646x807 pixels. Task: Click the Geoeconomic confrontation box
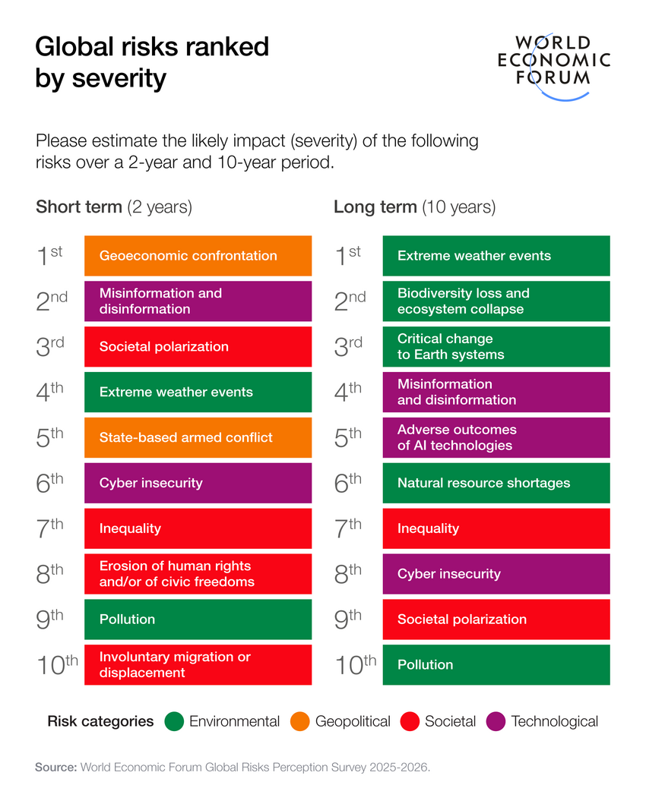coord(198,256)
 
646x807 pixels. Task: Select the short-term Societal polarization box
coord(198,347)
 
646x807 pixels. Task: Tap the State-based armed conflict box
coord(198,438)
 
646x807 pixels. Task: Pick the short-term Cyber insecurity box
coord(198,483)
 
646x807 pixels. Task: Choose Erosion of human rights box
coord(198,574)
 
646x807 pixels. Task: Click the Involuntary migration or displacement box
coord(198,665)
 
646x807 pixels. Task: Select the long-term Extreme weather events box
coord(496,256)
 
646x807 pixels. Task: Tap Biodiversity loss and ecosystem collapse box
coord(496,301)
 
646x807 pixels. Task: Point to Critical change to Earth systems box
coord(496,347)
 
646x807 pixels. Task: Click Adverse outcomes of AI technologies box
coord(496,438)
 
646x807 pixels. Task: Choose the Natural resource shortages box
coord(496,483)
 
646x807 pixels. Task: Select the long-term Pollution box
coord(496,665)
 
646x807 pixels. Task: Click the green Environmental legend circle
coord(174,722)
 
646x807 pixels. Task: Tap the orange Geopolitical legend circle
coord(300,722)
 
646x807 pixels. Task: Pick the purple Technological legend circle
coord(496,722)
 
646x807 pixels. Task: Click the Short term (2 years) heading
coord(114,206)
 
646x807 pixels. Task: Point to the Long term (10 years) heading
coord(414,206)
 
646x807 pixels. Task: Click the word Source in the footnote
coord(55,768)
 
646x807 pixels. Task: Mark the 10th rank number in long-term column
coord(356,664)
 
